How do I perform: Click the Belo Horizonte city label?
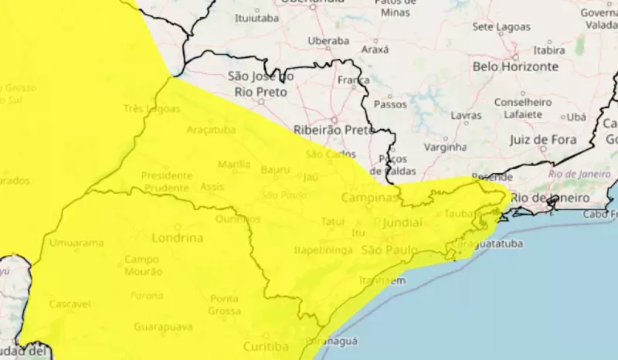515,67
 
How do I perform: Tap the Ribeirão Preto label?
334,130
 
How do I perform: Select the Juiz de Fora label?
543,140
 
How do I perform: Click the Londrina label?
178,238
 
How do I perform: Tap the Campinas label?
369,198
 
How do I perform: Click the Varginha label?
446,146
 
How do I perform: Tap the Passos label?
390,104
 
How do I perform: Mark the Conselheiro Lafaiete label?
523,108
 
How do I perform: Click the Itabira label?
549,50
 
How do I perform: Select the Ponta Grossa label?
224,304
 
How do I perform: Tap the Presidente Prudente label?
165,182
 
